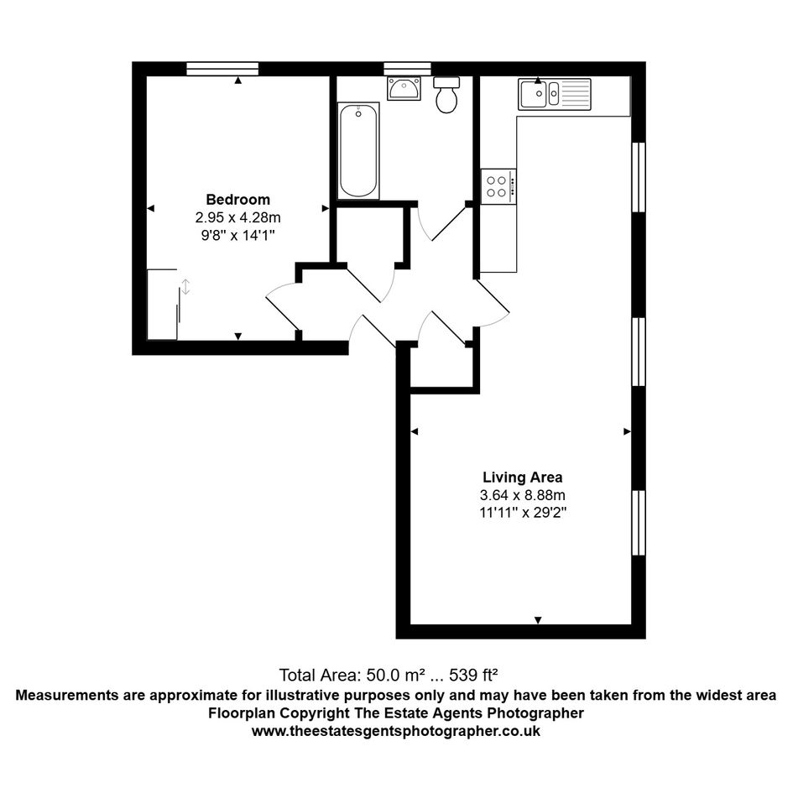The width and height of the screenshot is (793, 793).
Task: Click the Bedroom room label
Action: [x=237, y=199]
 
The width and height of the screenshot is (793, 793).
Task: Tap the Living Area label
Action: [x=523, y=477]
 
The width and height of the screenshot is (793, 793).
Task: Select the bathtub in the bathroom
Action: [x=358, y=150]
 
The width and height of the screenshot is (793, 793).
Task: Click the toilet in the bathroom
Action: [x=446, y=95]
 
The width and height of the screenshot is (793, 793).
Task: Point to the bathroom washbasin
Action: [x=404, y=88]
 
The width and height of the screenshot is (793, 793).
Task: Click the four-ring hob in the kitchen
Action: [x=498, y=186]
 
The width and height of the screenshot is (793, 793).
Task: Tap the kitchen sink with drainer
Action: [x=555, y=94]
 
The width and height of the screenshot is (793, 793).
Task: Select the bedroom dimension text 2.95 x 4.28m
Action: [x=237, y=217]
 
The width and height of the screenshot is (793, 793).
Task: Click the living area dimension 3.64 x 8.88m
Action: [x=523, y=495]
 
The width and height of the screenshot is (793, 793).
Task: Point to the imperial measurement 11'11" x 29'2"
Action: [x=523, y=513]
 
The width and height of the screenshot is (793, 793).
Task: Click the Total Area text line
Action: [x=389, y=675]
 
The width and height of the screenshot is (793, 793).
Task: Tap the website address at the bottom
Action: [x=396, y=731]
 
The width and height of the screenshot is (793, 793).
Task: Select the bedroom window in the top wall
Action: [x=222, y=69]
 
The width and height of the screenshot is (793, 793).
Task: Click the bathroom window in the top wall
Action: [x=407, y=69]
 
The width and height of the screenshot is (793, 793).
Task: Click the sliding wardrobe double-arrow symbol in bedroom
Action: [x=185, y=287]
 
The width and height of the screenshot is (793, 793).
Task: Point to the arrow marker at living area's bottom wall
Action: [x=538, y=620]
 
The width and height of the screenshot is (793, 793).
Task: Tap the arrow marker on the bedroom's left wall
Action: [x=150, y=208]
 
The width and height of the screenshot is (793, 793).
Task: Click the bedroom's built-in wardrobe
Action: [x=162, y=305]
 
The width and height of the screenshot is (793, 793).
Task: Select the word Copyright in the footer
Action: [x=315, y=713]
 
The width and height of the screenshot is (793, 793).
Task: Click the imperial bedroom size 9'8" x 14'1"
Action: [x=237, y=235]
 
